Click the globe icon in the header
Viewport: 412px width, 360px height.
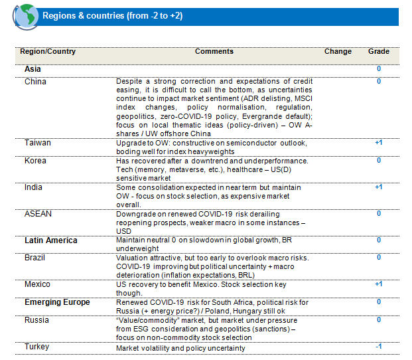[24, 16]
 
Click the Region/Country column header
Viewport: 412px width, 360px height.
[48, 52]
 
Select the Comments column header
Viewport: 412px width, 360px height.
[214, 52]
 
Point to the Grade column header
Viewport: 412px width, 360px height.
[379, 52]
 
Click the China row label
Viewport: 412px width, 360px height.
[35, 82]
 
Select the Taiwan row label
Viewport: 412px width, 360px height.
[37, 143]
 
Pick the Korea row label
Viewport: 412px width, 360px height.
[35, 161]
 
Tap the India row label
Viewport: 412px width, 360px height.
[33, 187]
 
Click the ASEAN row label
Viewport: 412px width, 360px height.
[37, 214]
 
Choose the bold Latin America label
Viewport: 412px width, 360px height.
[51, 240]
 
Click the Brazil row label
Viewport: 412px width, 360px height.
[35, 257]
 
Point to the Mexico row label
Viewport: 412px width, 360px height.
[37, 284]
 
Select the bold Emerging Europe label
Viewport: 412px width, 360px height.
[57, 302]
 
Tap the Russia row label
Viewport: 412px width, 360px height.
[36, 319]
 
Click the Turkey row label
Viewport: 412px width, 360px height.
[36, 347]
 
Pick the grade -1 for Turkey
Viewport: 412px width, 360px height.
[378, 347]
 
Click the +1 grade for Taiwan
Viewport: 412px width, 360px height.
[378, 143]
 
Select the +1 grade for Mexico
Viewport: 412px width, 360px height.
[378, 284]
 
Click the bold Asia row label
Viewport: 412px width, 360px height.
[33, 69]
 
